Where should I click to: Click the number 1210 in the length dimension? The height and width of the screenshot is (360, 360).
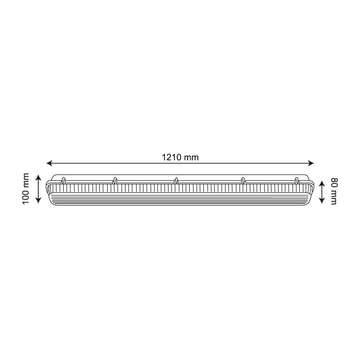(x=172, y=157)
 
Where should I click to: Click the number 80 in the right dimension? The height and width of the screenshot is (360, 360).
(x=333, y=182)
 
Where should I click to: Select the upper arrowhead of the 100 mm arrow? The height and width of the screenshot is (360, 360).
(x=38, y=177)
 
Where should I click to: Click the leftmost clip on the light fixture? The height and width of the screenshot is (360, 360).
(x=63, y=181)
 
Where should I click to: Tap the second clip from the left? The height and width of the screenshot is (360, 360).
(x=115, y=181)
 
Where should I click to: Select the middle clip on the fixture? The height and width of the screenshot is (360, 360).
(x=176, y=181)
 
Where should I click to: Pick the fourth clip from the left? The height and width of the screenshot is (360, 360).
(x=243, y=181)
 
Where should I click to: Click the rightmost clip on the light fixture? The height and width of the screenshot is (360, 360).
(x=297, y=181)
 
